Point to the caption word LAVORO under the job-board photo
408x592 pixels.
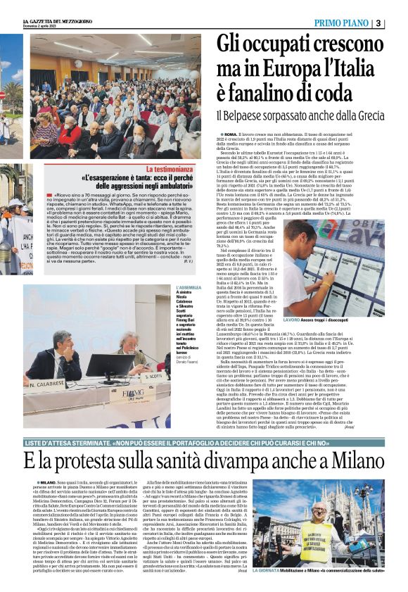coord(292,320)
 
